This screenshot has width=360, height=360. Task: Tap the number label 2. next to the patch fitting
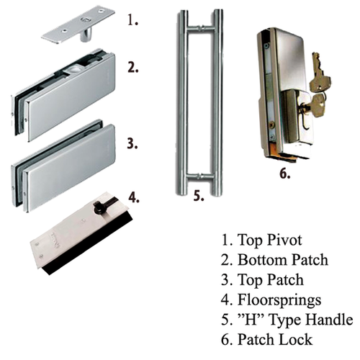(132, 68)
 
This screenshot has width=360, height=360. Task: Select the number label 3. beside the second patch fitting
(132, 143)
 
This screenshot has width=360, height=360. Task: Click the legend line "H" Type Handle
(287, 319)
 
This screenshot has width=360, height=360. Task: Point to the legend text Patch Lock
(274, 339)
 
